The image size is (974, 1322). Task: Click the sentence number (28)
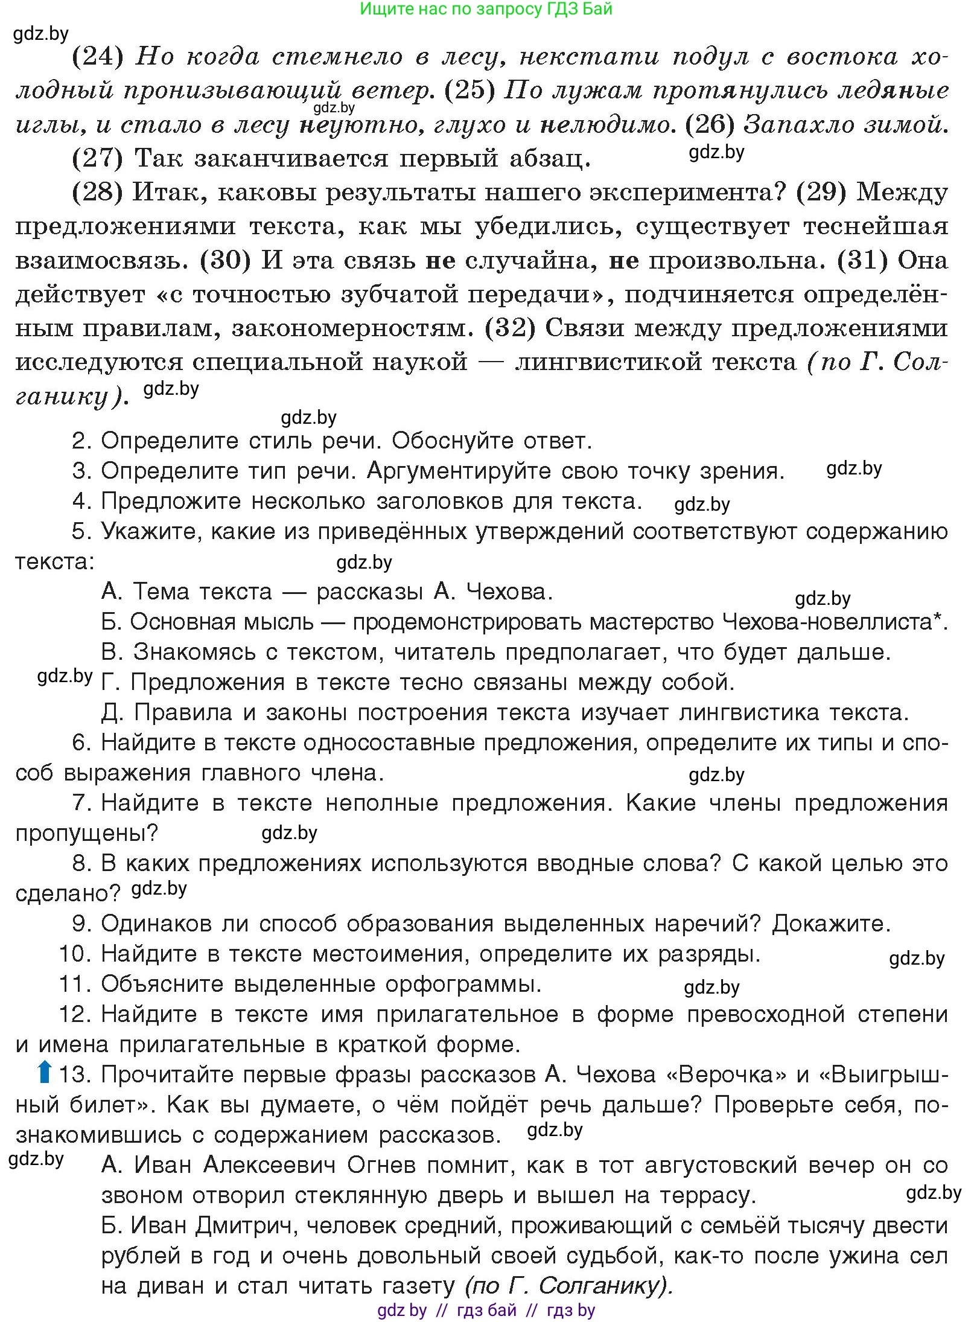click(x=97, y=193)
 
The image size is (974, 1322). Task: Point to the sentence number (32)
click(x=511, y=328)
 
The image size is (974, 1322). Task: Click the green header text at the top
click(x=486, y=8)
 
